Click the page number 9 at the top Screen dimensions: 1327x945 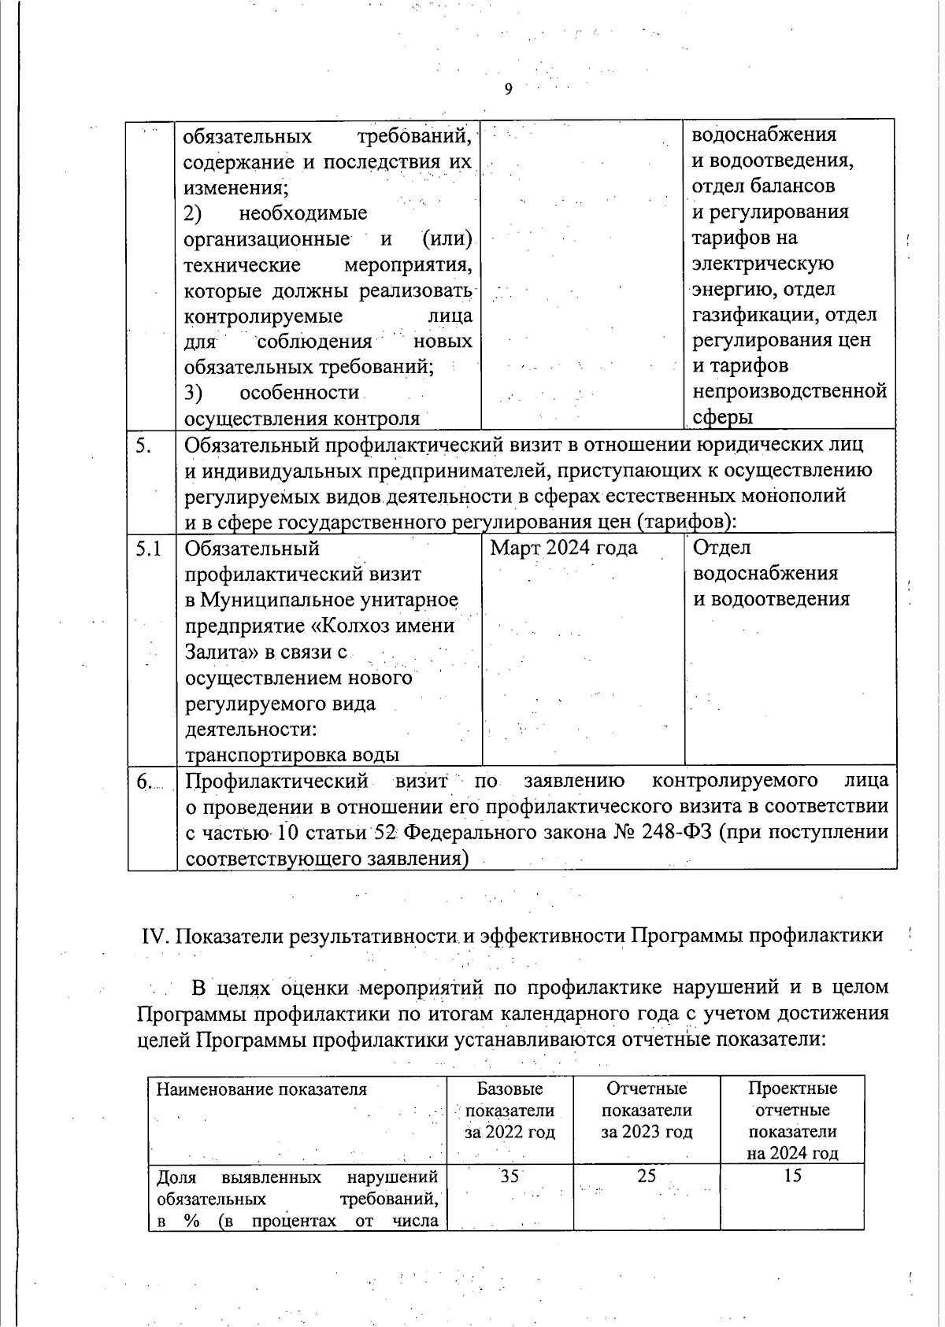pyautogui.click(x=508, y=89)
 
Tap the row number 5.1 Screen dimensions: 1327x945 pyautogui.click(x=149, y=548)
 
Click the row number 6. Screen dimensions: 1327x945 pyautogui.click(x=143, y=781)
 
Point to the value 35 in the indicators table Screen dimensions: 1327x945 pyautogui.click(x=510, y=1176)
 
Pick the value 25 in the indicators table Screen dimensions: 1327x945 pyautogui.click(x=647, y=1176)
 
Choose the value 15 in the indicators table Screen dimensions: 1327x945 pyautogui.click(x=792, y=1176)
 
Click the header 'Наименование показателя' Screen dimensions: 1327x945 pyautogui.click(x=261, y=1089)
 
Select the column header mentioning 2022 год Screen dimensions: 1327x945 pyautogui.click(x=510, y=1111)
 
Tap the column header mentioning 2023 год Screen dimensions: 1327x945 pyautogui.click(x=647, y=1111)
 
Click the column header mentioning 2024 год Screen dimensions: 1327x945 pyautogui.click(x=792, y=1121)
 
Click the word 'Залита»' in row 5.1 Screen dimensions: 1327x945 pyautogui.click(x=218, y=652)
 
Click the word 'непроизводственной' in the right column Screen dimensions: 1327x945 pyautogui.click(x=790, y=391)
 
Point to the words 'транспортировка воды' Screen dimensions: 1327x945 pyautogui.click(x=291, y=755)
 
